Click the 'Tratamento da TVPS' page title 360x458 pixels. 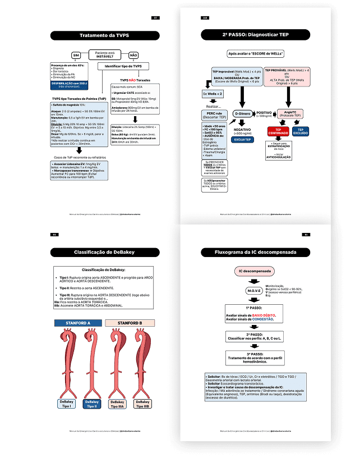104,35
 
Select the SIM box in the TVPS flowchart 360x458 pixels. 76,56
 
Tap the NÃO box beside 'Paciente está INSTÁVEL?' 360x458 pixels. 133,56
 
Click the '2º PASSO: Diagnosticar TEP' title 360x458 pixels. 255,35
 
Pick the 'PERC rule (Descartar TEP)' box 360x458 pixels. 213,115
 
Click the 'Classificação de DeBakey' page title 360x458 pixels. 104,252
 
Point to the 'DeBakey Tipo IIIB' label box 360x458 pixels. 142,405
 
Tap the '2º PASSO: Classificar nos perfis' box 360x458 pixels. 255,336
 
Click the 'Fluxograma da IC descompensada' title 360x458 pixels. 255,252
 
